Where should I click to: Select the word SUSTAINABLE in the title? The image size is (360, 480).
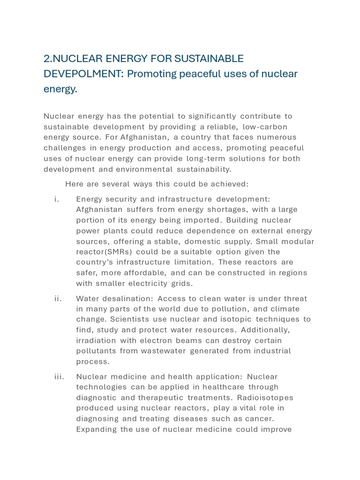(x=209, y=58)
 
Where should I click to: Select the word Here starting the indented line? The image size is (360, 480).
(x=74, y=184)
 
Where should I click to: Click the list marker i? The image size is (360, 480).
(x=57, y=199)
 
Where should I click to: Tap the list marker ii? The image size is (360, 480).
(x=58, y=299)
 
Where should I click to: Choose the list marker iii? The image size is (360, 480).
(x=59, y=376)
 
